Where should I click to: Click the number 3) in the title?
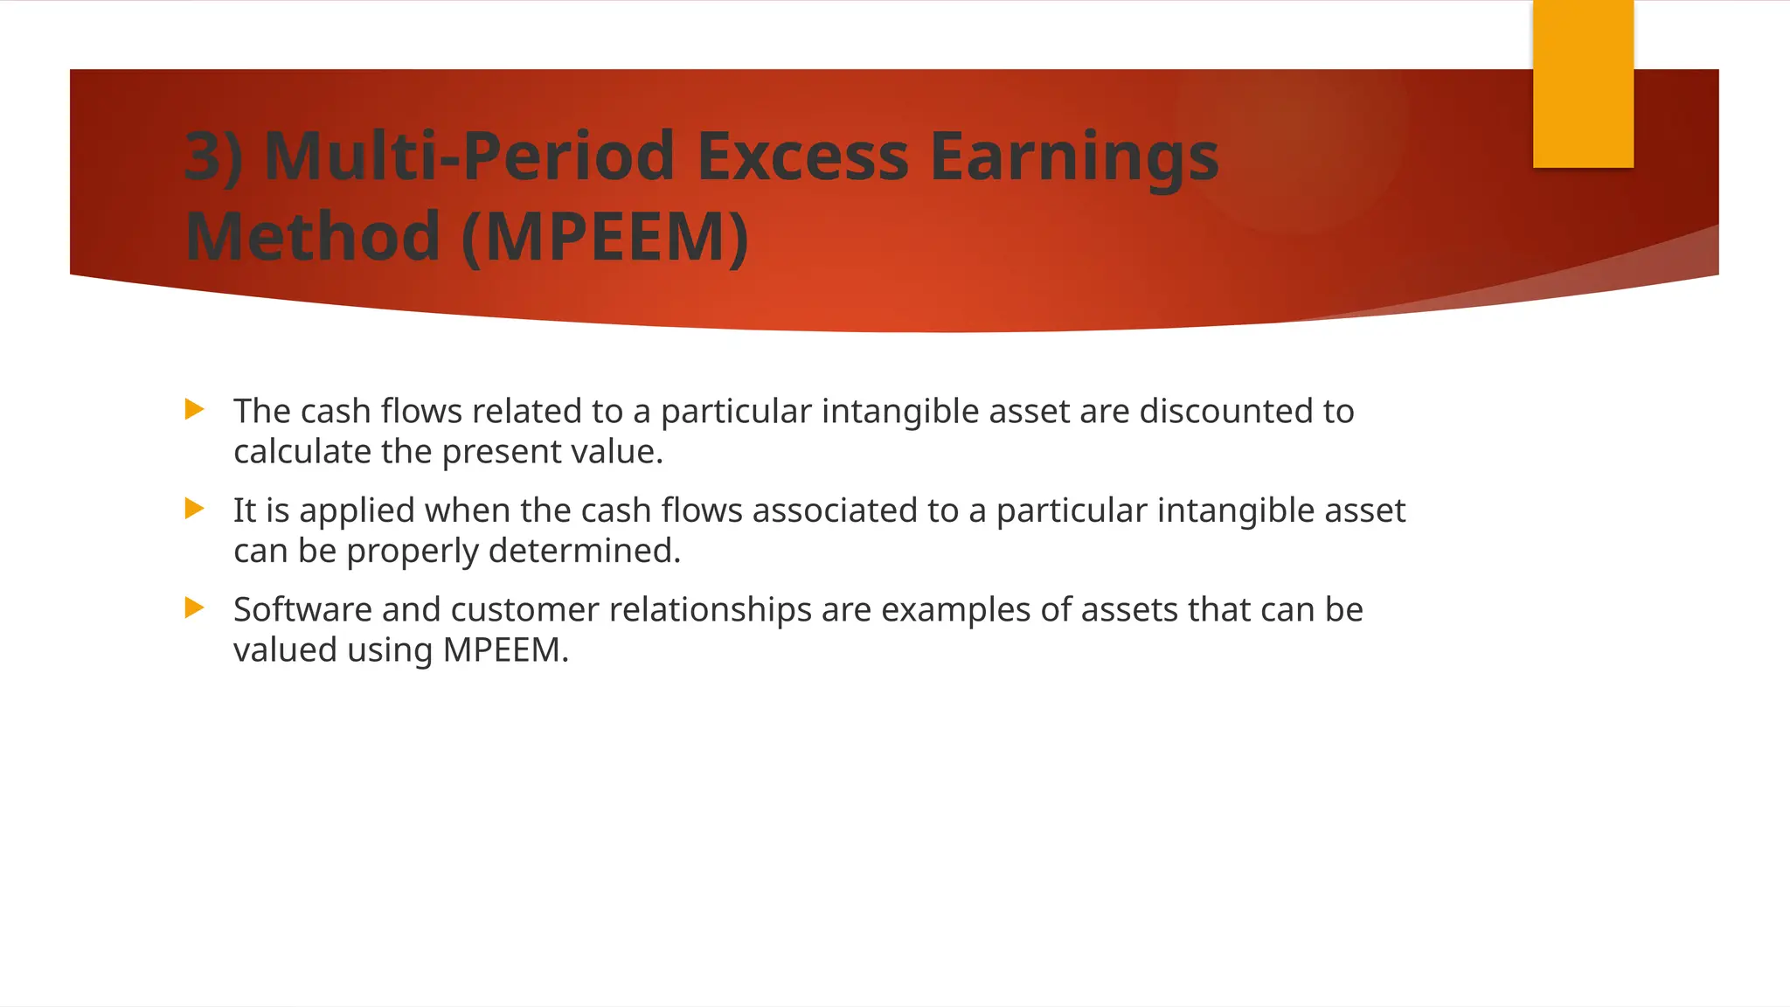213,157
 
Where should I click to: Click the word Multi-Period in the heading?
469,157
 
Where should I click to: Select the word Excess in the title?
802,157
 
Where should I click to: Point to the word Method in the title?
312,237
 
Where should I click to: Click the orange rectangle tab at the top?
1582,84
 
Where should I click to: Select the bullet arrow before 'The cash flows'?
195,409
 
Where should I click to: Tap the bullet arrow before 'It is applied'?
195,509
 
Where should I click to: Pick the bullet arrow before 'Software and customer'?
195,608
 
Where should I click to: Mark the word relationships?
710,610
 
